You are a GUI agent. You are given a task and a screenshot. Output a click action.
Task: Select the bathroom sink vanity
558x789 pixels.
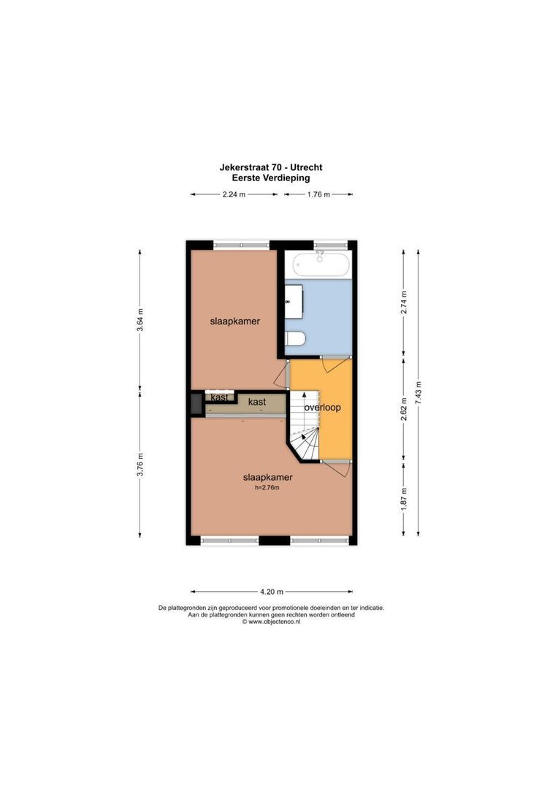[x=294, y=300]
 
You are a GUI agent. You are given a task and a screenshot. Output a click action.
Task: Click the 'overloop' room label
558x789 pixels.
[x=323, y=407]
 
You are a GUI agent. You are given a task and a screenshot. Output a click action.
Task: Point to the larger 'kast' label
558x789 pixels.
[x=256, y=402]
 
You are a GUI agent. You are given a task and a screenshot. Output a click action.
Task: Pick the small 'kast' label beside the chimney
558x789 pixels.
[x=220, y=397]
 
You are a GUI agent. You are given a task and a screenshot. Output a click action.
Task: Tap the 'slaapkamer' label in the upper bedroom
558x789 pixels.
[x=234, y=321]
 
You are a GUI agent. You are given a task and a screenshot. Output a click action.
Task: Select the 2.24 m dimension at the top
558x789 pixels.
[x=234, y=194]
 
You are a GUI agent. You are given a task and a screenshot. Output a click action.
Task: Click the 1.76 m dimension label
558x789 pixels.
[x=318, y=194]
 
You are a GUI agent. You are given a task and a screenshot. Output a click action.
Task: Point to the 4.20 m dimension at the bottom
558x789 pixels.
[x=271, y=592]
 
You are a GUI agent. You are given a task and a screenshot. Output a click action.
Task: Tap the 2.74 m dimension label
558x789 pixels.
[x=403, y=302]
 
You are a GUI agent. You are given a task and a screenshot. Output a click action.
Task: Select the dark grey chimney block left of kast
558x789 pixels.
[x=196, y=404]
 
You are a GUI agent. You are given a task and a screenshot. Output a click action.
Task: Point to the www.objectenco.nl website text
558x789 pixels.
[x=271, y=622]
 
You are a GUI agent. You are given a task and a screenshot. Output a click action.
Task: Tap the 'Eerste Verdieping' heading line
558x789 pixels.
[x=271, y=178]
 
